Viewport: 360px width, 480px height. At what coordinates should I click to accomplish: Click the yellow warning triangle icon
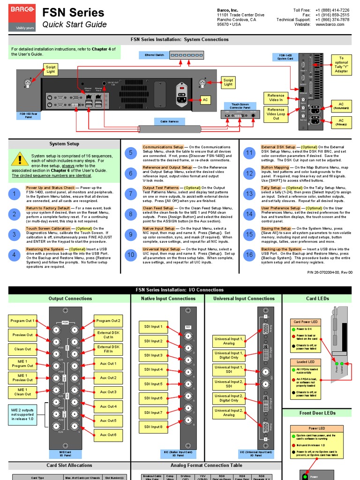[19, 159]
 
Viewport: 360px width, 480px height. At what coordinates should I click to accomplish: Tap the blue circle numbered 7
[131, 194]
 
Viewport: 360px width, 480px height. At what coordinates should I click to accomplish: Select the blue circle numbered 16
[249, 255]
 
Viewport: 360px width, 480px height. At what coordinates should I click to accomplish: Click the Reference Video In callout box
[276, 97]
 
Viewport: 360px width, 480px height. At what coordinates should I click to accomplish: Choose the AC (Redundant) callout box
[341, 106]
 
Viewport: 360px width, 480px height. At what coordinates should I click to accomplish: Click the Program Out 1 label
[22, 321]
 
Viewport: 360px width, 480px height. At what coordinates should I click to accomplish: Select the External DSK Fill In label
[108, 349]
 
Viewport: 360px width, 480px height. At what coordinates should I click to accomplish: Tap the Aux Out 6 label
[108, 435]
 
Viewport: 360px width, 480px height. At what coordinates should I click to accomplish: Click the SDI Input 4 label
[153, 369]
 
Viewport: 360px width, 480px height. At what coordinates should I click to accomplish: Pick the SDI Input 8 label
[153, 427]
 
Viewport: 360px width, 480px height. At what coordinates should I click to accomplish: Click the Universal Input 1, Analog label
[229, 341]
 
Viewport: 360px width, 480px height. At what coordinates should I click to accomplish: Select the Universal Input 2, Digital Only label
[229, 398]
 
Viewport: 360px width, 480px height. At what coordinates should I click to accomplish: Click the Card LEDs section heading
[317, 299]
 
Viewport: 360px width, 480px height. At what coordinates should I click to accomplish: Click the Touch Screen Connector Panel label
[240, 106]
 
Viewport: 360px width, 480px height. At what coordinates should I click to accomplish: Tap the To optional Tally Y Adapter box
[341, 65]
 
